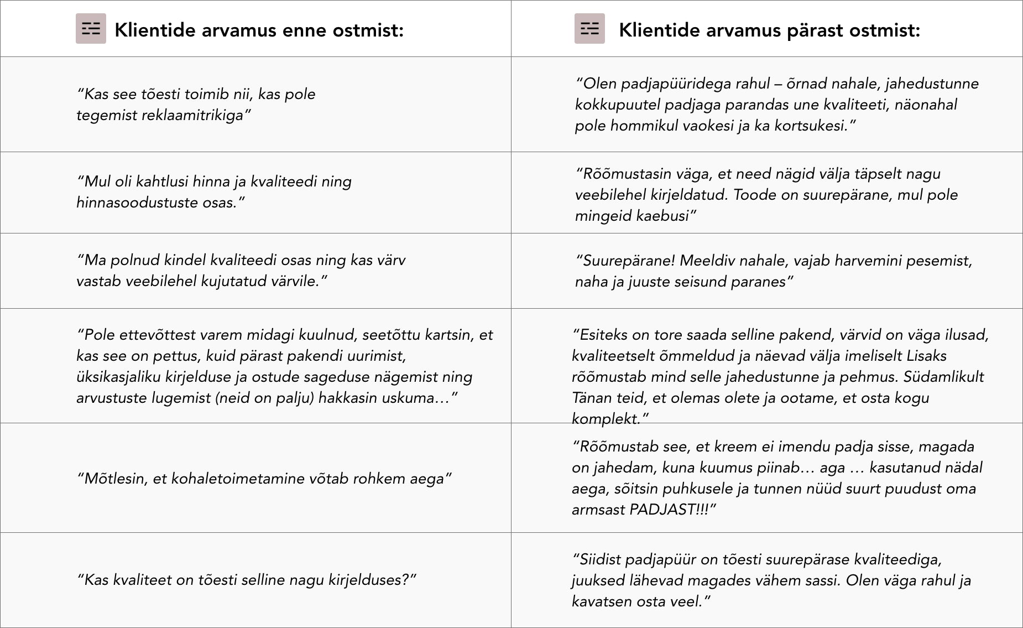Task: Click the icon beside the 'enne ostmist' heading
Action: click(91, 29)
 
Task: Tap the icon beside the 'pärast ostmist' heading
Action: click(589, 29)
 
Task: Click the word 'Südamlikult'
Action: click(944, 377)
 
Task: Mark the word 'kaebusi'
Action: click(662, 216)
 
